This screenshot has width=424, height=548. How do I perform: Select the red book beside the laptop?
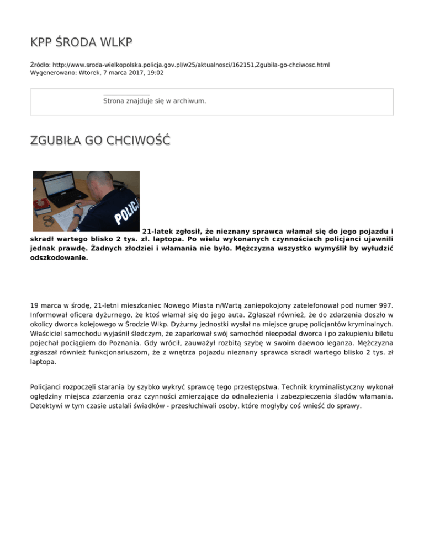41,207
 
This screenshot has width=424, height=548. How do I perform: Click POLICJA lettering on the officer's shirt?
127,209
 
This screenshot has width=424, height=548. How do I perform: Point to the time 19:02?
155,72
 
